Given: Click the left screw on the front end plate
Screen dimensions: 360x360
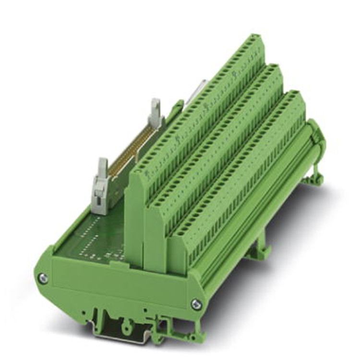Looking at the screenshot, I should click(x=42, y=278).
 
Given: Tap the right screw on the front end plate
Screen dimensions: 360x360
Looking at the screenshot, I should click(x=196, y=303).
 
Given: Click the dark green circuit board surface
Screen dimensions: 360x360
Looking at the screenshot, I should click(x=91, y=235).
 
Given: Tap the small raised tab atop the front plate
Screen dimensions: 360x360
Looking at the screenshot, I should click(x=118, y=263).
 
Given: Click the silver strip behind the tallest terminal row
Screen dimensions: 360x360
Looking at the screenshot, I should click(x=197, y=91).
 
